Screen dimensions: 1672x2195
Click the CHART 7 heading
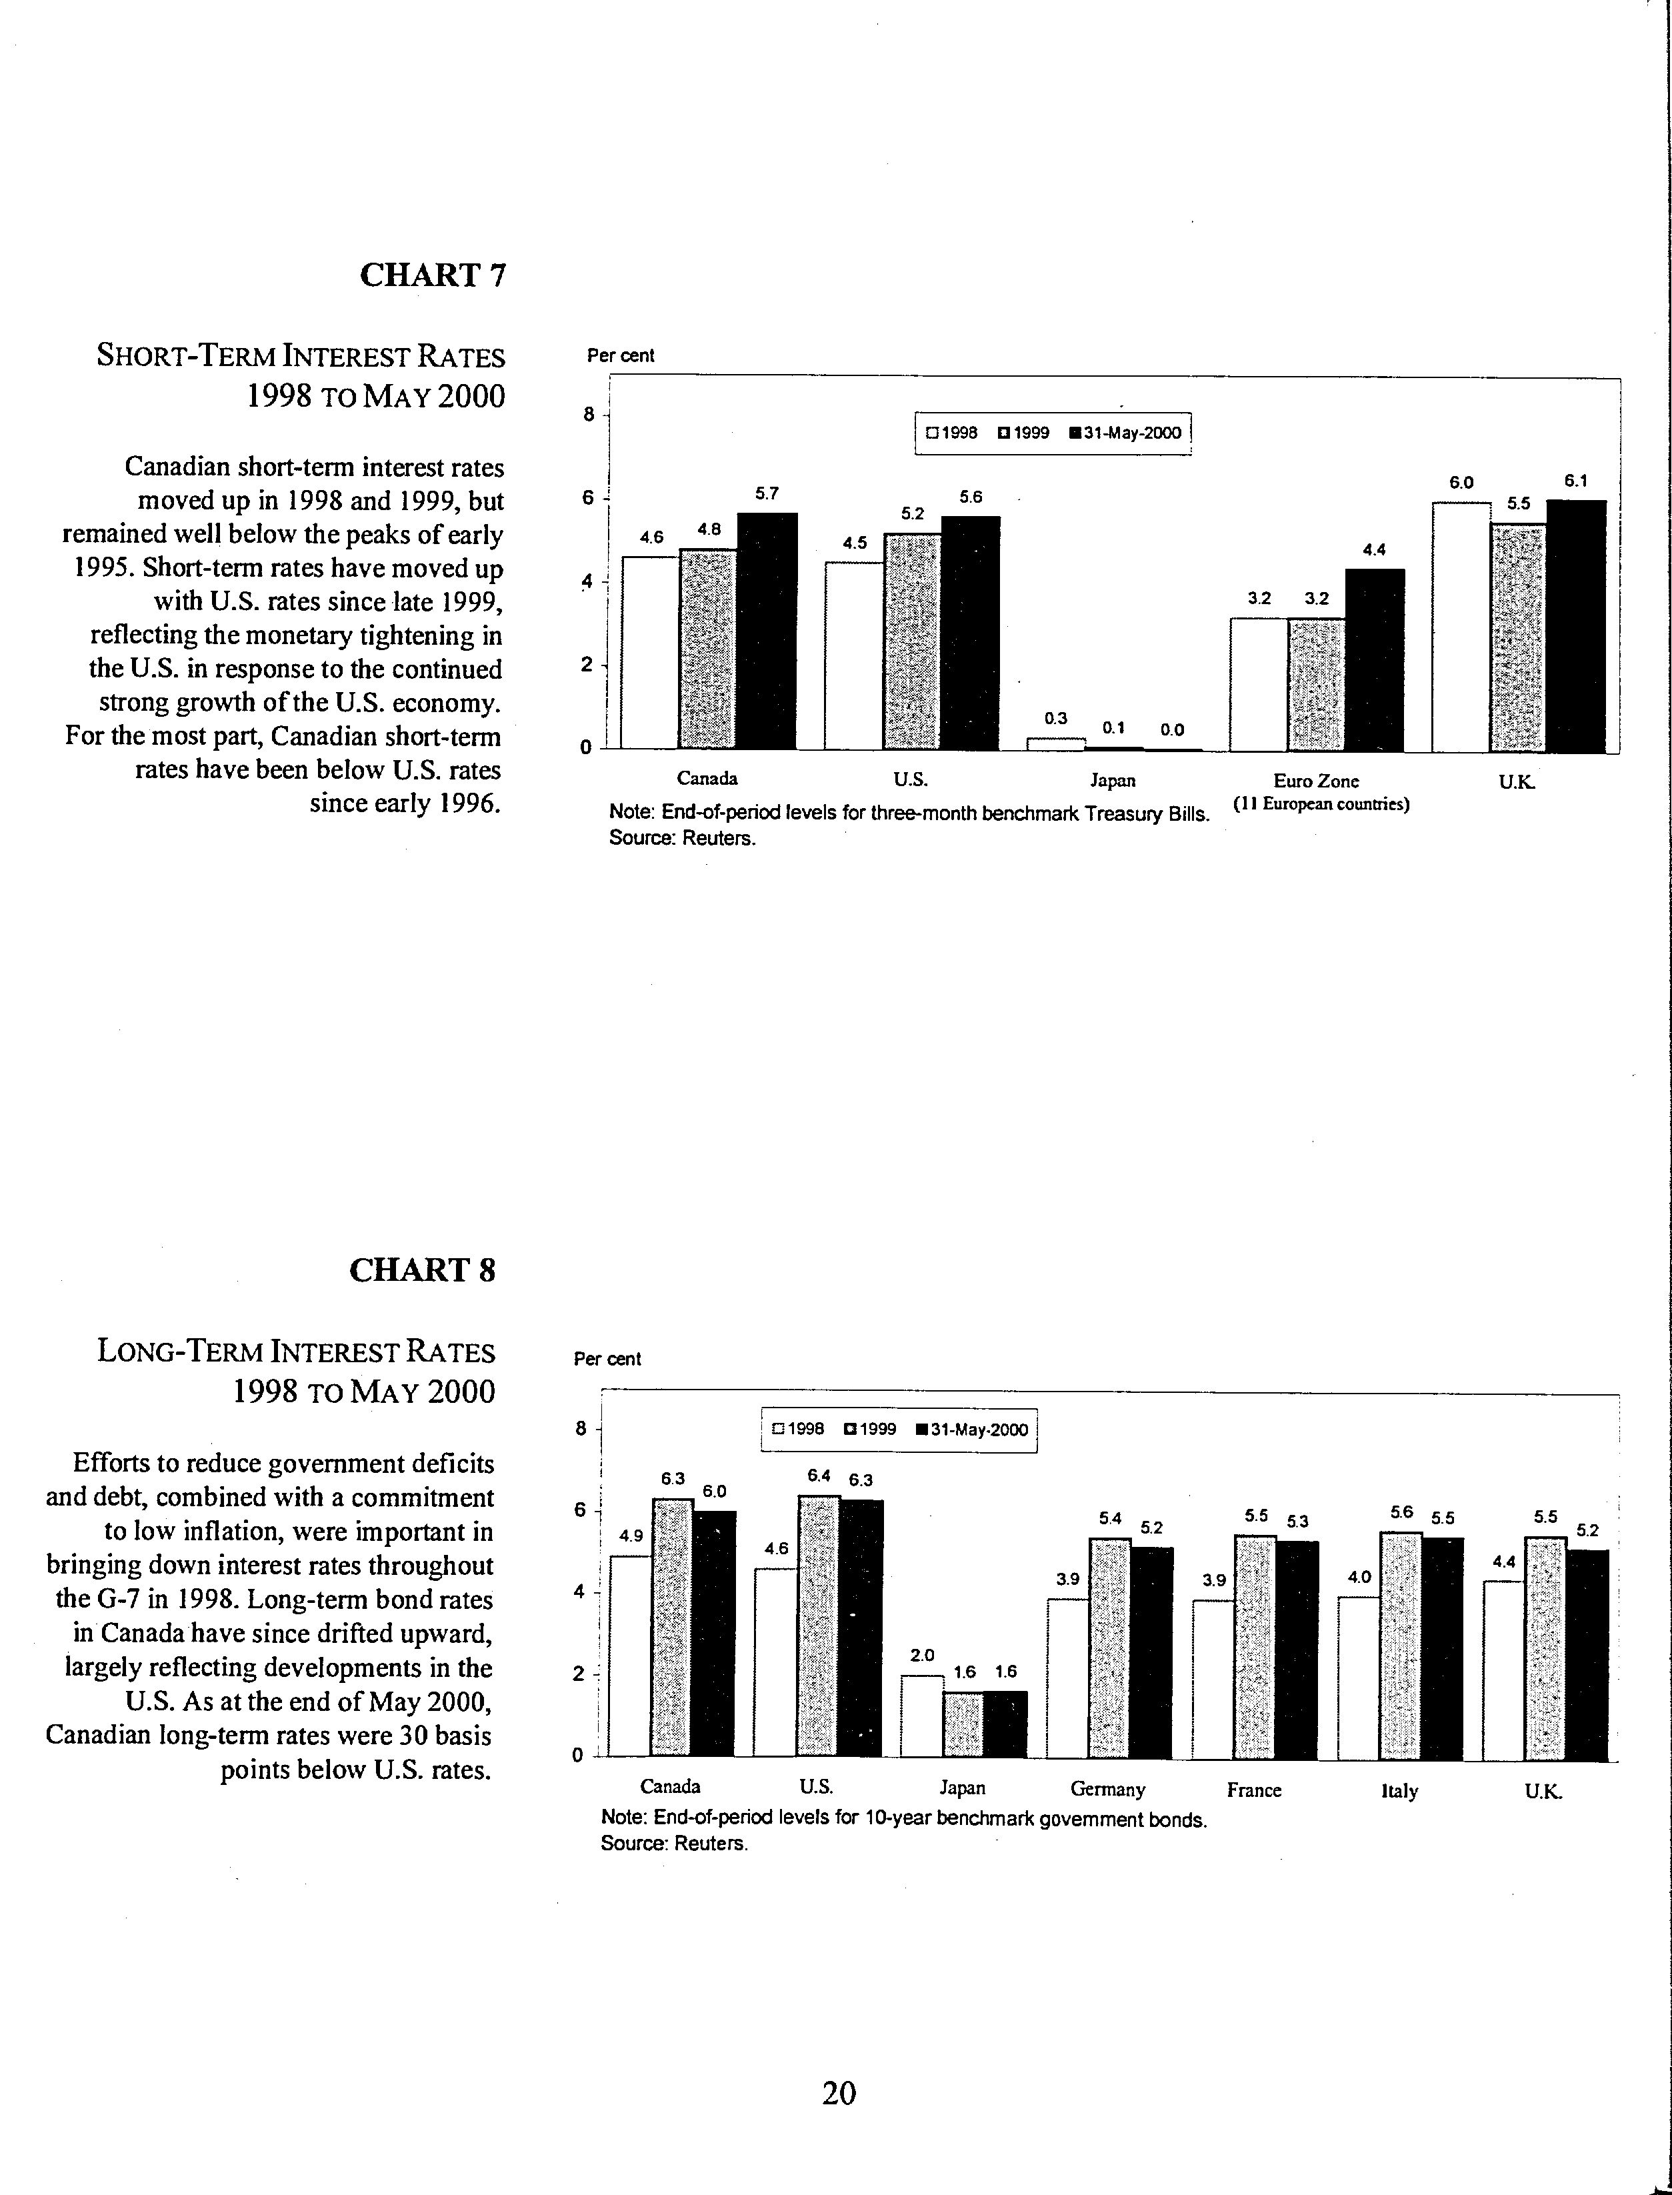433,275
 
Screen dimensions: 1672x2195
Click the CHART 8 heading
422,1270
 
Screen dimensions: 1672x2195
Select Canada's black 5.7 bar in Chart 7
767,631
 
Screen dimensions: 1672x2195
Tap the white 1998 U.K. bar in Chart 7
1461,627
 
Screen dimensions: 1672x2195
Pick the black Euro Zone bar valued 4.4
1375,660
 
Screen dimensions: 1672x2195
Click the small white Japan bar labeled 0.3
1056,743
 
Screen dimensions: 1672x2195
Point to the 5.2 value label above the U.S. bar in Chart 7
913,513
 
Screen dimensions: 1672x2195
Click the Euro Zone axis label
1316,781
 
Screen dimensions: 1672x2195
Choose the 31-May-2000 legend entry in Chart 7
1125,433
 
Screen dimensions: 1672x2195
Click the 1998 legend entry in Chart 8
798,1430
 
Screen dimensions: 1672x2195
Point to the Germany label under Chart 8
1108,1790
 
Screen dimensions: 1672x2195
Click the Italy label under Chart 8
1399,1791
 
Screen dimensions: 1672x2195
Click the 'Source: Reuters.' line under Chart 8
674,1842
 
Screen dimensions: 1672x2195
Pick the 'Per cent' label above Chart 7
621,355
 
